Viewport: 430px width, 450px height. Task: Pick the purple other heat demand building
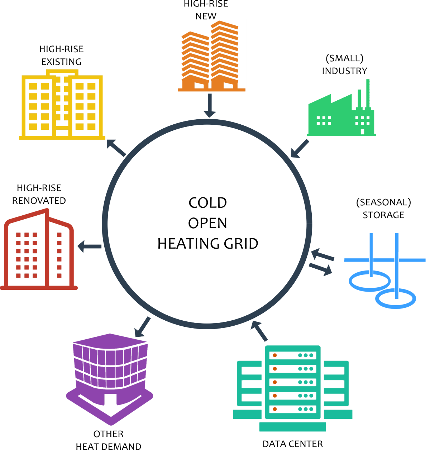point(110,379)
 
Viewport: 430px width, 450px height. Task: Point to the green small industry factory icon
point(341,108)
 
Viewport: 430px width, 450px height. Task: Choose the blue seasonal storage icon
point(384,271)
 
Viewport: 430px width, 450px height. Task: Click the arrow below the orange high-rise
point(210,105)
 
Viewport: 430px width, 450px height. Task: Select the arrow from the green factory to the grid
point(300,149)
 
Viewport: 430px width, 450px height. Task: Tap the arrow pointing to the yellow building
point(116,148)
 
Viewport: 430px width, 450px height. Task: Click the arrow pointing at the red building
point(89,246)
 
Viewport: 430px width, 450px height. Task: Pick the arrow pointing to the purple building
point(143,327)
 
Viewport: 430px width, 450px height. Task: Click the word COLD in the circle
point(207,203)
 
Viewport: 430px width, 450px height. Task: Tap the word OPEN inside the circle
point(207,223)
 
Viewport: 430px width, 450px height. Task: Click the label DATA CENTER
point(293,444)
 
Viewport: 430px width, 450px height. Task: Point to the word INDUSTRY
point(344,71)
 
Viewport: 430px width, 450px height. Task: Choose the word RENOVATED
point(39,201)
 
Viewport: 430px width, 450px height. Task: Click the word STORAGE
point(383,215)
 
